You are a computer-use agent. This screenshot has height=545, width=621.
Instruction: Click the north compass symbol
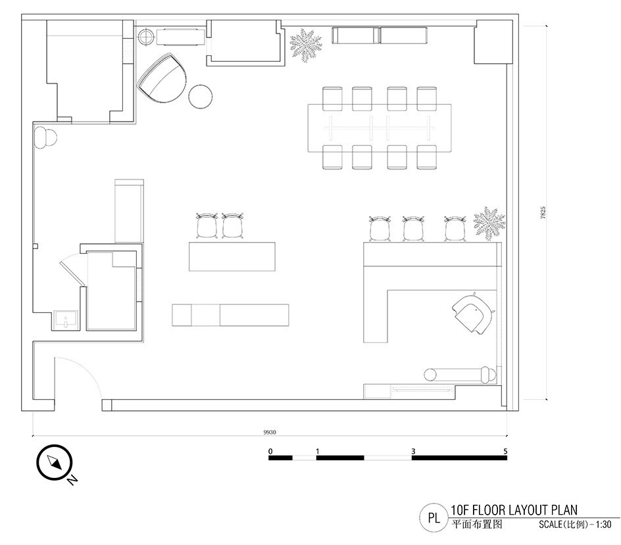pos(54,462)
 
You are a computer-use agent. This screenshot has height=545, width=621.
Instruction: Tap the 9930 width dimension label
pos(270,432)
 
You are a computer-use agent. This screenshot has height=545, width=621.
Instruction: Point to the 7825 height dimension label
pos(543,212)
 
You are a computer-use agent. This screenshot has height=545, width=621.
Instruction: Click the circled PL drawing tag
pos(434,517)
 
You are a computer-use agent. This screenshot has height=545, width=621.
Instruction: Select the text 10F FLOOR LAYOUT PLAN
pos(514,509)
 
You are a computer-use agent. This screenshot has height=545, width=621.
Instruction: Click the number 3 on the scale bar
pos(413,451)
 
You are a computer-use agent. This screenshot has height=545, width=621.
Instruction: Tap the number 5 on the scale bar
pos(505,451)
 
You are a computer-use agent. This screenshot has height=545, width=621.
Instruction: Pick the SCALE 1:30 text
pos(575,525)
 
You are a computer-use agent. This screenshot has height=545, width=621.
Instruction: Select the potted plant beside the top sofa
pos(305,44)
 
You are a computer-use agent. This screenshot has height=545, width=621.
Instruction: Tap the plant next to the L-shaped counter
pos(489,224)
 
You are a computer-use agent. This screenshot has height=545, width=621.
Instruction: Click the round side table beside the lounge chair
pos(201,97)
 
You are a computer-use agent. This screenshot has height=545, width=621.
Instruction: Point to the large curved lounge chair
pos(162,78)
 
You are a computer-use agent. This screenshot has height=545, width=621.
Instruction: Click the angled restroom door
pos(72,272)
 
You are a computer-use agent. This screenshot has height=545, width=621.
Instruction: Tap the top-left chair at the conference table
pos(332,99)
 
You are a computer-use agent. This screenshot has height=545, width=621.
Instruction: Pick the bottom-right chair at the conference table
pos(426,157)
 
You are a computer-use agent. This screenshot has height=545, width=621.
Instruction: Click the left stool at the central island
pos(207,226)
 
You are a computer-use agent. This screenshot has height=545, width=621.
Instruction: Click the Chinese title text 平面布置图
pos(477,525)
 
